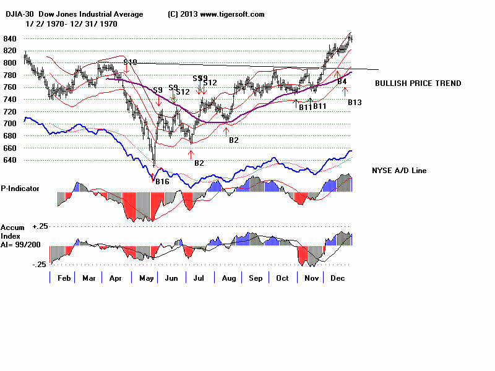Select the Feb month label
64,278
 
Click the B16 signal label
162,181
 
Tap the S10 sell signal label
130,62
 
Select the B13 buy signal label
355,101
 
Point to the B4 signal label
342,81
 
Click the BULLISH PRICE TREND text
418,83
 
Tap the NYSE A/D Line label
399,170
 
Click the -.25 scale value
22,264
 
